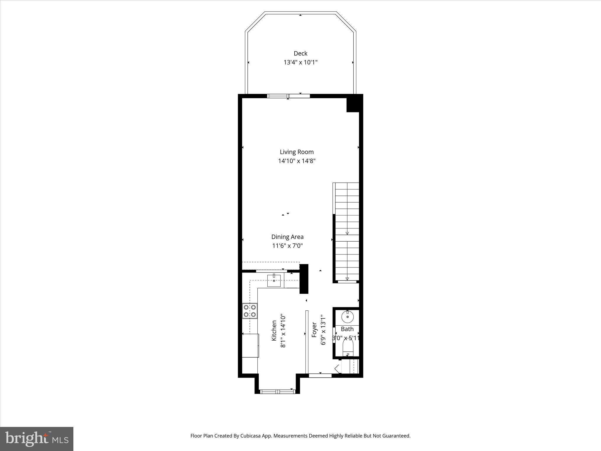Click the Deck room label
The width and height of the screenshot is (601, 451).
click(x=300, y=53)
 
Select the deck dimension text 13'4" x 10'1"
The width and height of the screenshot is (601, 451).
click(x=300, y=63)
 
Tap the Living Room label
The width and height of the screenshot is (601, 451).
click(x=297, y=152)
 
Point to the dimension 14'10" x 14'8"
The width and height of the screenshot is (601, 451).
click(x=297, y=161)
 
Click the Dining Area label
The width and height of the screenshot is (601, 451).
click(x=287, y=237)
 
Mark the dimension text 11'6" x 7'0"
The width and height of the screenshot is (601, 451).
click(x=287, y=246)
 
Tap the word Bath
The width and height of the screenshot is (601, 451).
click(x=347, y=329)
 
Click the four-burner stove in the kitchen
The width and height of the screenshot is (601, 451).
click(x=250, y=311)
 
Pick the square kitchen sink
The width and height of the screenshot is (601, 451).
click(x=274, y=280)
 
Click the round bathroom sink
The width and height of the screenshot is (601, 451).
click(x=348, y=317)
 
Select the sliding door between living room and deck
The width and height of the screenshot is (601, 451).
click(x=288, y=96)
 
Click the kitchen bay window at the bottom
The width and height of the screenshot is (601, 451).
click(x=278, y=391)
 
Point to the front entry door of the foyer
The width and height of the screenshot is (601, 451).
click(x=320, y=375)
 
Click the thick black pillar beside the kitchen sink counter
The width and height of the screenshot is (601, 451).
click(x=304, y=279)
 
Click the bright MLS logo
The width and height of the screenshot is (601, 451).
click(x=37, y=439)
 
